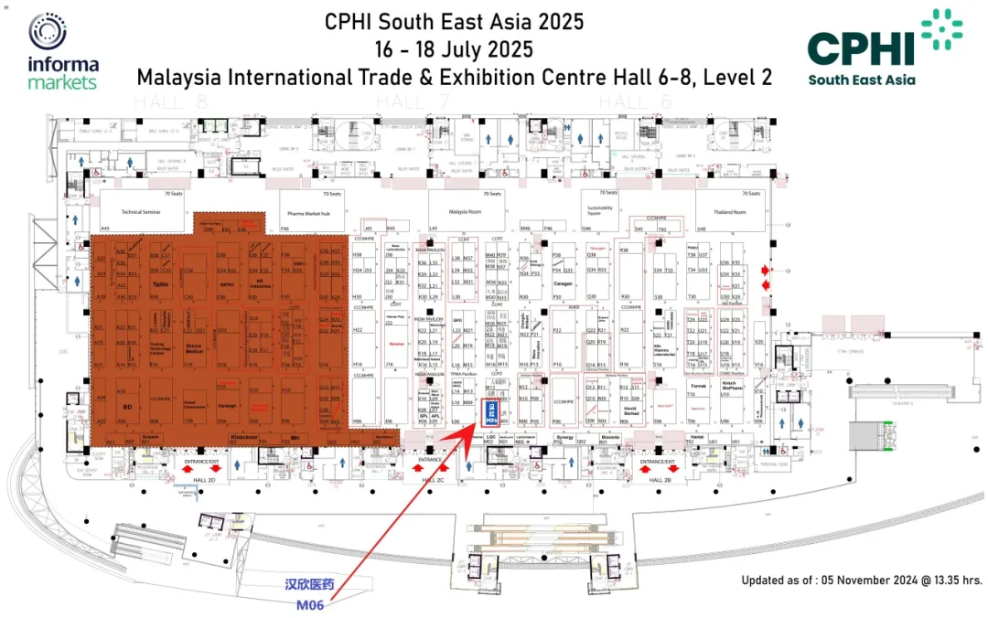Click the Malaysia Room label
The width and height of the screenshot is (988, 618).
point(466,211)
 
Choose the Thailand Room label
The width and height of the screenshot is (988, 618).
point(730,211)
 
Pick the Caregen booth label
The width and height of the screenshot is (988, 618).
point(563,283)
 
